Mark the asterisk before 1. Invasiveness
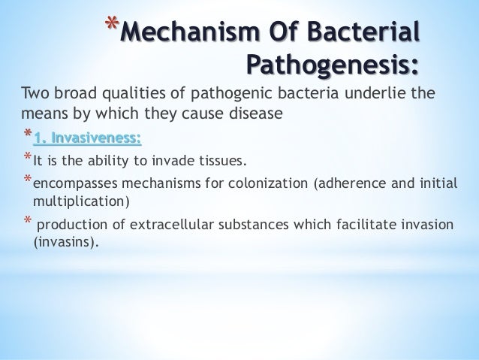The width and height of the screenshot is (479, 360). point(27,138)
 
